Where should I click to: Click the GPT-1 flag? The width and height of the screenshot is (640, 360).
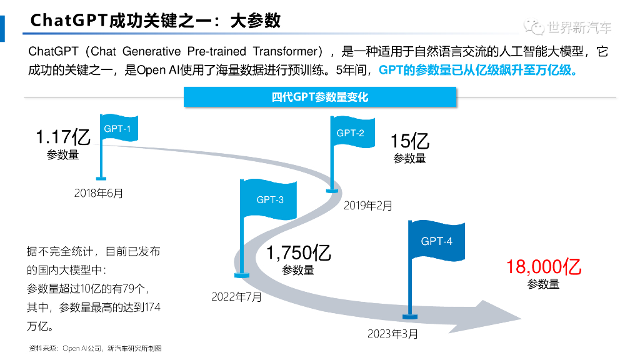[x=119, y=129]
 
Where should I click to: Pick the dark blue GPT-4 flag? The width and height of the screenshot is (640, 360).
[x=436, y=241]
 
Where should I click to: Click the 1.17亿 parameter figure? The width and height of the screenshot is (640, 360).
[x=63, y=136]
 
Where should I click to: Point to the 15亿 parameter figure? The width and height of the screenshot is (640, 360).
[x=410, y=141]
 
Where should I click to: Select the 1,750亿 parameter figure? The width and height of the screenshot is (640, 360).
[x=299, y=252]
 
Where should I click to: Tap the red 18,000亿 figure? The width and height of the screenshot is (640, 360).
[x=544, y=267]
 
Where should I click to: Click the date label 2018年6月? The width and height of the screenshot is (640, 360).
[x=99, y=193]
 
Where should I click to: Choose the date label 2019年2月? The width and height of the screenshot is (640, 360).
[x=368, y=205]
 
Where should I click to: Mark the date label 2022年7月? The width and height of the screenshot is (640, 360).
[x=237, y=296]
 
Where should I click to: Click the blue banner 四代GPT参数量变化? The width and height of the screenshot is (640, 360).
[x=320, y=97]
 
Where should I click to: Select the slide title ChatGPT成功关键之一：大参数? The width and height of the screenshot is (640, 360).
[x=156, y=21]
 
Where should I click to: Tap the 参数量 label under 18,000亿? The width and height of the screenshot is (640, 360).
[x=543, y=284]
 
